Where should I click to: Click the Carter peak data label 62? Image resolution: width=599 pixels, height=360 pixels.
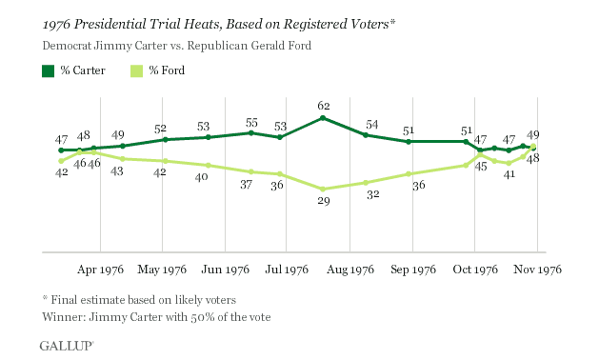click(323, 106)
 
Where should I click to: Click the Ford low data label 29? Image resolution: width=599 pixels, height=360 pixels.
click(323, 202)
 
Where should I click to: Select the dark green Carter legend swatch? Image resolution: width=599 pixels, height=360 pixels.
click(48, 70)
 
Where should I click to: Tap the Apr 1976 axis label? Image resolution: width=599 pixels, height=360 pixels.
click(102, 269)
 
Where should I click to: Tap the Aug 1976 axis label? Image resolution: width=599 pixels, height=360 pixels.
click(350, 269)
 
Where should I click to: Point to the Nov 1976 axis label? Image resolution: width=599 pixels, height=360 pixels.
click(538, 269)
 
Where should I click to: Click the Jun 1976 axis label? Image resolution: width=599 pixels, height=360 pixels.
click(226, 269)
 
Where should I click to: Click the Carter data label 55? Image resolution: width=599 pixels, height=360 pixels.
click(251, 122)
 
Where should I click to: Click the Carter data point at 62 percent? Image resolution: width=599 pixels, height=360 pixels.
click(323, 118)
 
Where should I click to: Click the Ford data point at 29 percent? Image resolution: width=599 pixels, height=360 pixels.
click(323, 189)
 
